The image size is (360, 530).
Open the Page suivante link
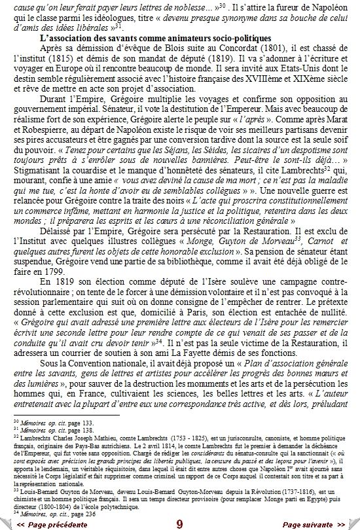[x=314, y=523]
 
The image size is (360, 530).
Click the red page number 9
[x=179, y=523]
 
